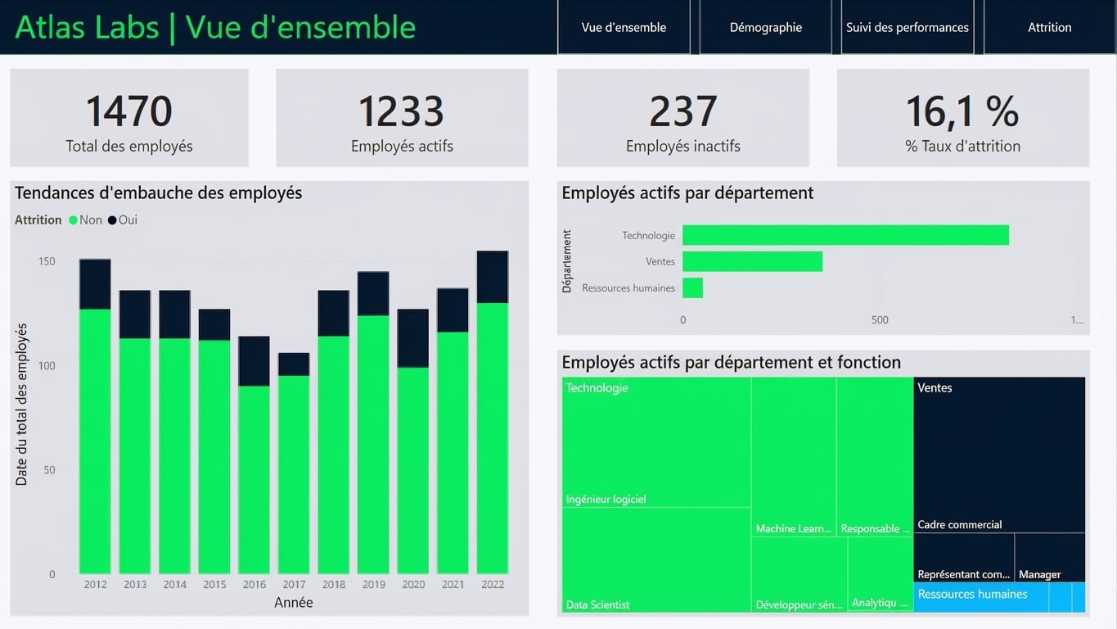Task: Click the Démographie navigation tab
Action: pyautogui.click(x=765, y=27)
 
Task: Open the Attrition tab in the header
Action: pyautogui.click(x=1049, y=27)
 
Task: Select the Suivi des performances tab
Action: pyautogui.click(x=907, y=27)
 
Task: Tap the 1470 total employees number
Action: pyautogui.click(x=129, y=111)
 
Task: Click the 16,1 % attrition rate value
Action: pyautogui.click(x=962, y=111)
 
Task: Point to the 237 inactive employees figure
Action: pyautogui.click(x=682, y=111)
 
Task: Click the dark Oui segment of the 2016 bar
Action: pyautogui.click(x=254, y=361)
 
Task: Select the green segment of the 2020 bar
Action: pyautogui.click(x=413, y=470)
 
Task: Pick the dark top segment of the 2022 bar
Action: pyautogui.click(x=492, y=277)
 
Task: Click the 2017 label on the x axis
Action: pyautogui.click(x=294, y=584)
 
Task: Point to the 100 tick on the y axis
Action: pyautogui.click(x=47, y=365)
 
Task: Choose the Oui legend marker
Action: pyautogui.click(x=112, y=220)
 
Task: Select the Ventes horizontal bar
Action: pyautogui.click(x=753, y=261)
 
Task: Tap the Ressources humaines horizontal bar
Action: pyautogui.click(x=692, y=288)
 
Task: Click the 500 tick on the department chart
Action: pyautogui.click(x=880, y=320)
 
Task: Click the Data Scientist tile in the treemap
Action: pyautogui.click(x=656, y=559)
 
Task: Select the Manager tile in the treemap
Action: pyautogui.click(x=1050, y=557)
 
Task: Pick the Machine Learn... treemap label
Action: pyautogui.click(x=794, y=528)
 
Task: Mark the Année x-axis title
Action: pyautogui.click(x=294, y=603)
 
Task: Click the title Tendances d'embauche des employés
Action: pyautogui.click(x=158, y=192)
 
